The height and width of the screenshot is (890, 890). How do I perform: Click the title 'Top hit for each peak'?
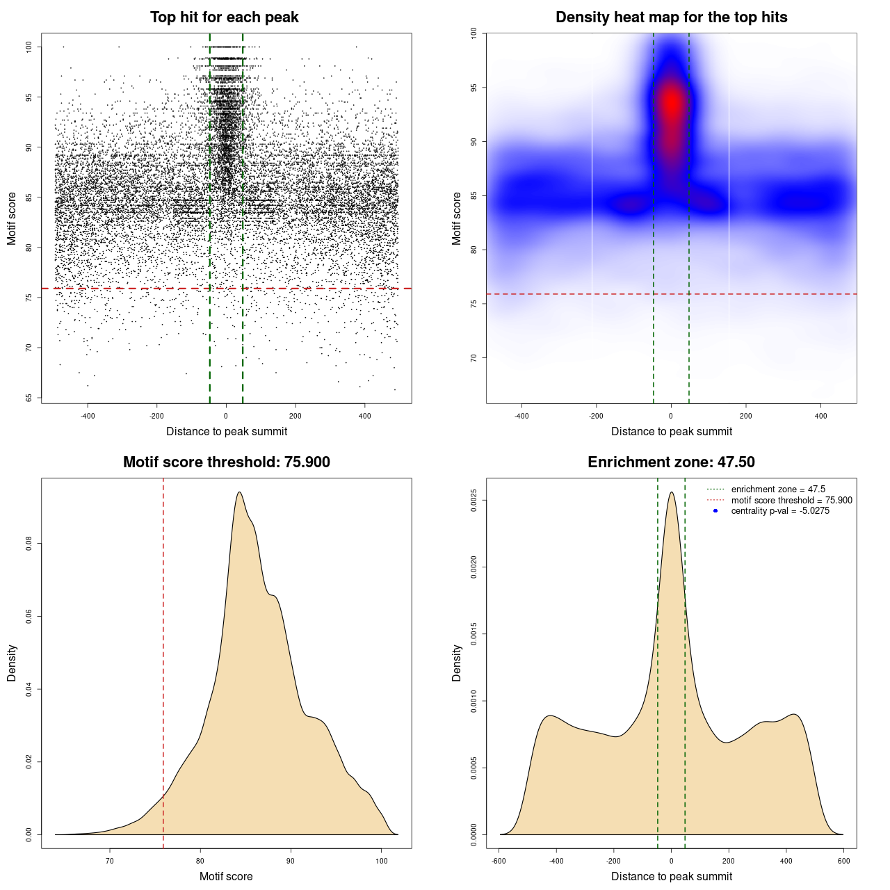coord(224,17)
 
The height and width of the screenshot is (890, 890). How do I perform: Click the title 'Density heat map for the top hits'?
coord(671,17)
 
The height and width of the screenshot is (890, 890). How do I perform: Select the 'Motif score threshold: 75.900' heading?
coord(226,462)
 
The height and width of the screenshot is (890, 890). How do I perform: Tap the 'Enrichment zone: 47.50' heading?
coord(671,462)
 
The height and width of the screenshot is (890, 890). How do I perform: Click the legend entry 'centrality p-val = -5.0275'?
coord(780,511)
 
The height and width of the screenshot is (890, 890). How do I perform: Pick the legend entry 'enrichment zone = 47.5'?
coord(778,489)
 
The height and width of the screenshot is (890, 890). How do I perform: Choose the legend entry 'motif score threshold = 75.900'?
coord(791,501)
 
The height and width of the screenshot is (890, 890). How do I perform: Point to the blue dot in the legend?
coord(715,511)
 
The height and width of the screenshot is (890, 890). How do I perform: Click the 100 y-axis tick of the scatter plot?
coord(29,47)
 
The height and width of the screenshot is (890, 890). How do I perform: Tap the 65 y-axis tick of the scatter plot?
coord(29,398)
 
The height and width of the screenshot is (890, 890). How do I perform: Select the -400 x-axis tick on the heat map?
coord(521,416)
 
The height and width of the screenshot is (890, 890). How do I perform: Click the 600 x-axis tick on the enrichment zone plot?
coord(843,861)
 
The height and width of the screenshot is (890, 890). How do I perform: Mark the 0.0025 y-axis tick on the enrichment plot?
coord(474,501)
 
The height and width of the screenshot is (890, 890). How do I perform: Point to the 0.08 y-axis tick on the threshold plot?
coord(29,543)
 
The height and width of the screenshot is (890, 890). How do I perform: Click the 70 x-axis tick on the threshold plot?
coord(109,861)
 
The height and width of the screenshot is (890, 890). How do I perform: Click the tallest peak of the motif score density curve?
coord(239,492)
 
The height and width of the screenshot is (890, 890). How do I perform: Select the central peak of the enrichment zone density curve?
coord(671,492)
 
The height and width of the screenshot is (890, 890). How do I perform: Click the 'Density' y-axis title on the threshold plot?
coord(12,663)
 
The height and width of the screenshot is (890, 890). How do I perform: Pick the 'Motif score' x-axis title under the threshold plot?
coord(226,876)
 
